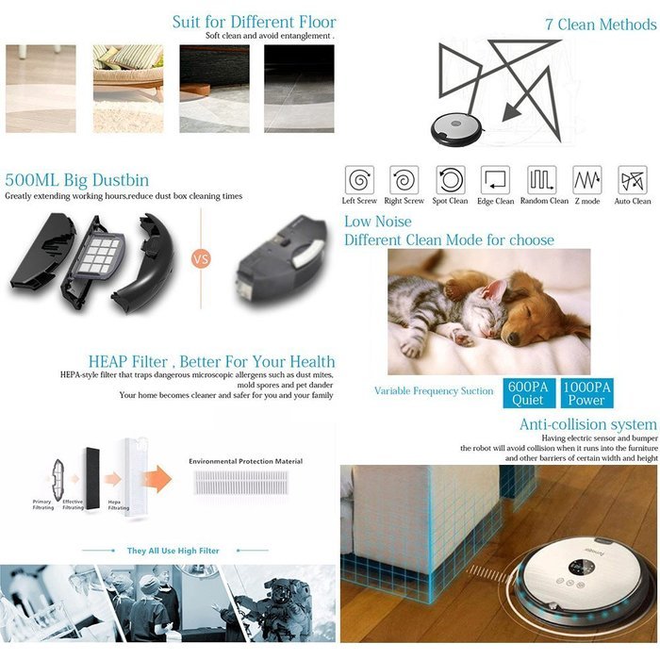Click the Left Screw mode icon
pyautogui.click(x=359, y=179)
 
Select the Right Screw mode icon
pyautogui.click(x=404, y=179)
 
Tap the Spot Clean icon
pyautogui.click(x=451, y=179)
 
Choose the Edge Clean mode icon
pyautogui.click(x=495, y=179)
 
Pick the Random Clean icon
pyautogui.click(x=541, y=179)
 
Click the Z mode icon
pyautogui.click(x=586, y=179)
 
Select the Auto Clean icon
pyautogui.click(x=632, y=179)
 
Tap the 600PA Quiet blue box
pyautogui.click(x=527, y=393)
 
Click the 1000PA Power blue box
pyautogui.click(x=586, y=393)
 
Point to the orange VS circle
pyautogui.click(x=201, y=258)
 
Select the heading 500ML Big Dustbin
pyautogui.click(x=76, y=180)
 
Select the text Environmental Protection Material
pyautogui.click(x=245, y=461)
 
